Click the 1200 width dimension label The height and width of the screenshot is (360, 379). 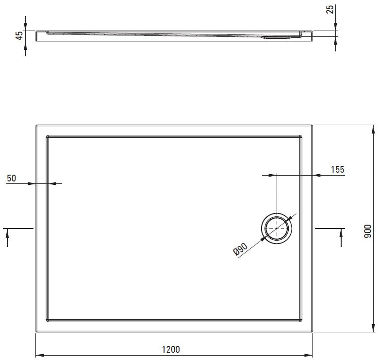(171, 349)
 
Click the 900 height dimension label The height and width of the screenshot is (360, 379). (367, 231)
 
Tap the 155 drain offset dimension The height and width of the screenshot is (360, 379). (337, 169)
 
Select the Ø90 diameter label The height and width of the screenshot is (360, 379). (240, 249)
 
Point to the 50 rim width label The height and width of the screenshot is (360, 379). (11, 179)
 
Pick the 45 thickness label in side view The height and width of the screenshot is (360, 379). (19, 35)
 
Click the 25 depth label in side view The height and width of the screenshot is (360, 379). (330, 9)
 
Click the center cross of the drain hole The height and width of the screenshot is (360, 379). (277, 228)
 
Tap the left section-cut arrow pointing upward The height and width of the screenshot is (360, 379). (7, 238)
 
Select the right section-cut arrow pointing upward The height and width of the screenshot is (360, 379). (341, 238)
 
